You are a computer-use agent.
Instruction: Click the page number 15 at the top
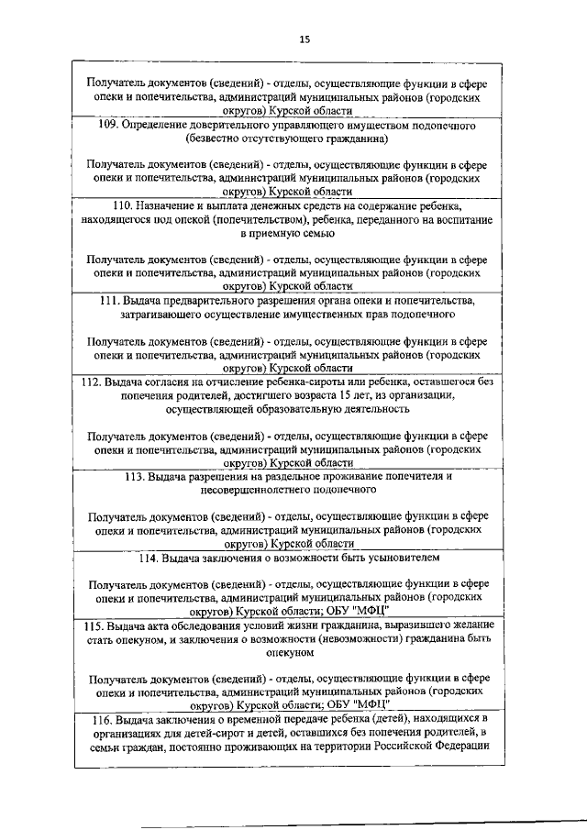click(305, 39)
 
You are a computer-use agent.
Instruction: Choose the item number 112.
click(93, 382)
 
